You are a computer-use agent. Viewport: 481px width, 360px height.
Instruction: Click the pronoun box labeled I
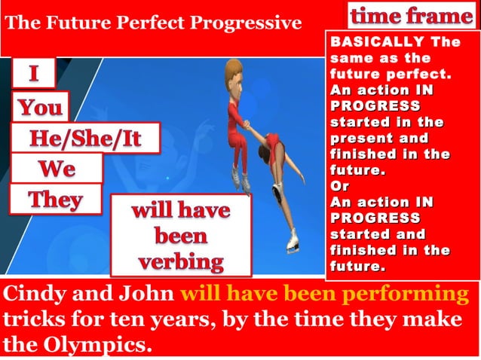click(32, 75)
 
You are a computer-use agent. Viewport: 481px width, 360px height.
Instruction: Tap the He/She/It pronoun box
click(85, 139)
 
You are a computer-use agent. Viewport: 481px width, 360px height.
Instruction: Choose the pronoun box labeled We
click(57, 168)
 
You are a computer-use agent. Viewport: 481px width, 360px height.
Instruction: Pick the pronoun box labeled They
click(55, 200)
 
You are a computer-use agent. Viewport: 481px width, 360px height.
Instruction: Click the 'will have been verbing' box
click(181, 236)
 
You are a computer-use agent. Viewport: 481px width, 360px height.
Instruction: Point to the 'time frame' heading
click(411, 15)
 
